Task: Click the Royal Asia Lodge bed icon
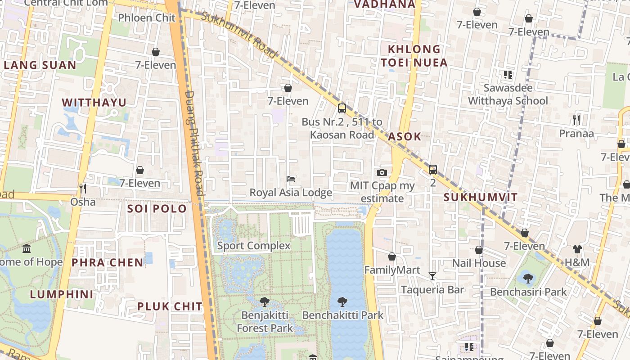[291, 179]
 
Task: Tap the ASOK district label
[404, 137]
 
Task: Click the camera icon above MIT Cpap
[382, 173]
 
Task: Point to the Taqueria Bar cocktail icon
[432, 276]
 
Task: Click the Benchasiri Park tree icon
[528, 278]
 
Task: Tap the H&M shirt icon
[577, 249]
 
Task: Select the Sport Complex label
[254, 246]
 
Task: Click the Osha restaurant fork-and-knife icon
[82, 188]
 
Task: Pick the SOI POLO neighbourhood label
[157, 209]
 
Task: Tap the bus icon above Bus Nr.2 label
[342, 108]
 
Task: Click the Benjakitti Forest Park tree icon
[265, 301]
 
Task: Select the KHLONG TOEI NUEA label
[414, 56]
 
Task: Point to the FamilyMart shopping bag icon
[392, 256]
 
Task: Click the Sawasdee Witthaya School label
[508, 94]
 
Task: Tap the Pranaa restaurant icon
[576, 120]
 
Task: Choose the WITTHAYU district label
[94, 103]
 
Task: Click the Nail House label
[479, 263]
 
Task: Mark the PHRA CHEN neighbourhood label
[107, 262]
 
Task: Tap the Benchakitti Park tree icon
[342, 301]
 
